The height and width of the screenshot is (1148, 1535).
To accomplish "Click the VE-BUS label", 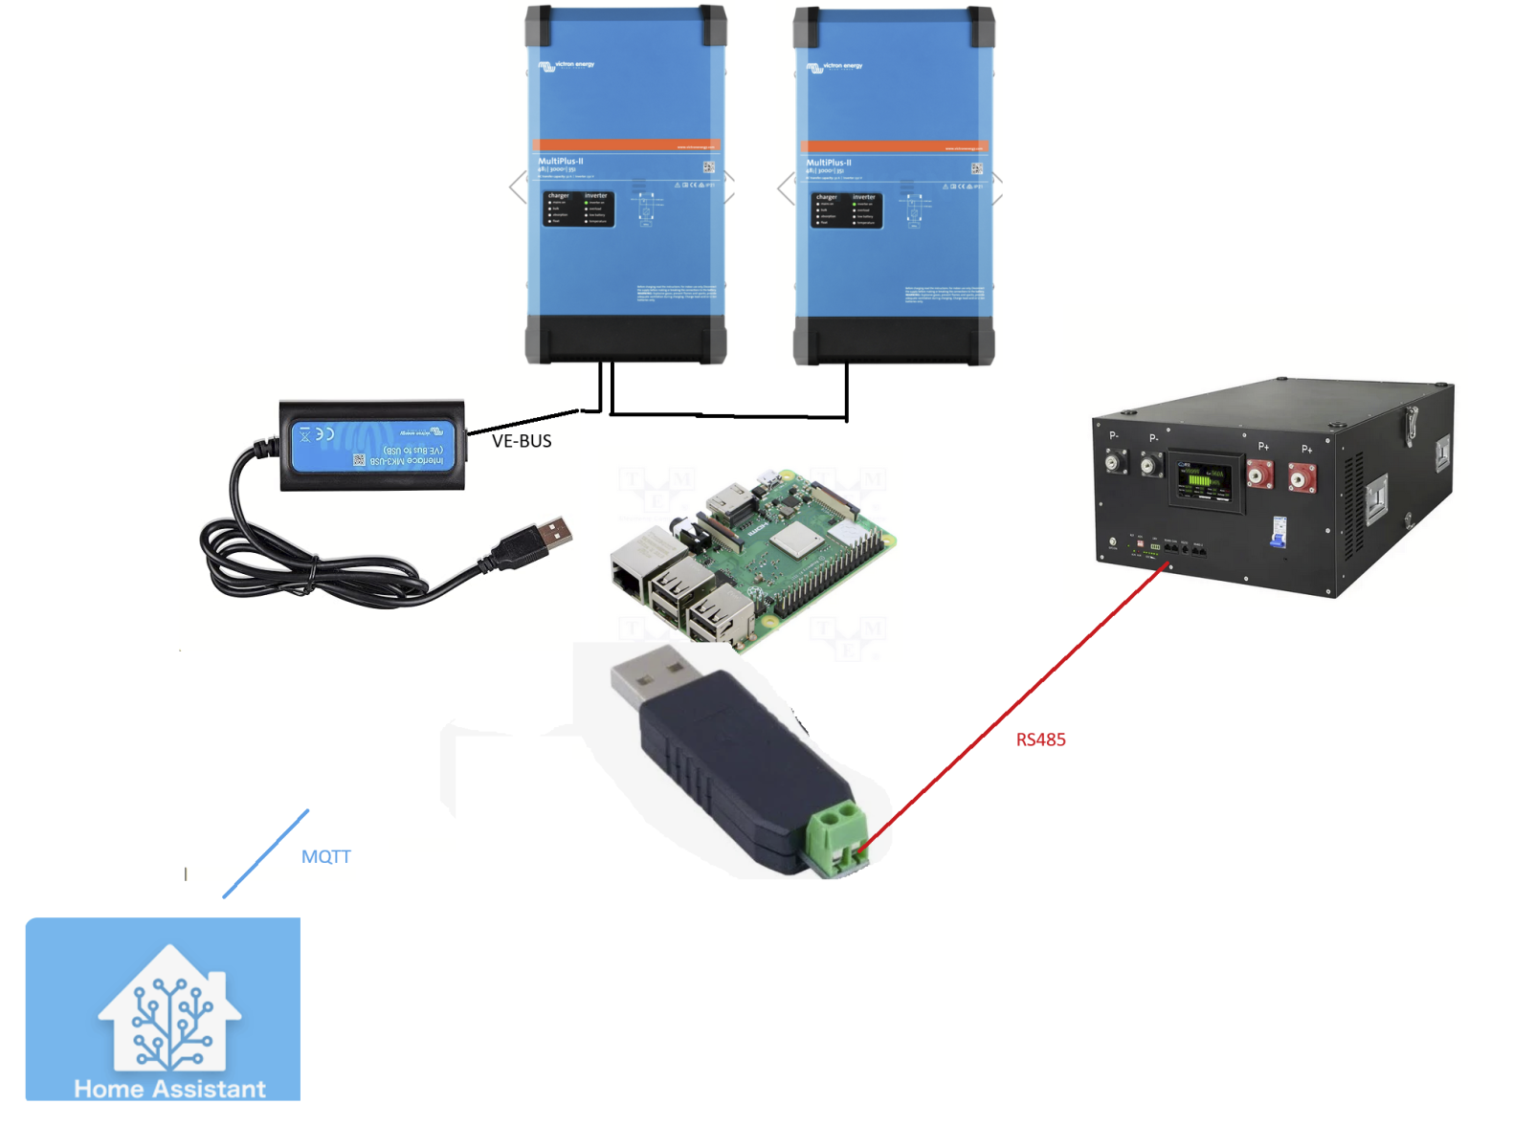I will tap(522, 441).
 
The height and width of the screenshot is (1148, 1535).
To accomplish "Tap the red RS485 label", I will tap(1040, 740).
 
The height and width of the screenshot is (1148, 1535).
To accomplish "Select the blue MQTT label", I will tap(326, 856).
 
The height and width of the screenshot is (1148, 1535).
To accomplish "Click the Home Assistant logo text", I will tap(169, 1089).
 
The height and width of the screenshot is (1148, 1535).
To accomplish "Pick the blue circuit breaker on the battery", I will tap(1278, 530).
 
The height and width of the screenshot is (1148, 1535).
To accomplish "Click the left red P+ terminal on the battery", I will tap(1259, 474).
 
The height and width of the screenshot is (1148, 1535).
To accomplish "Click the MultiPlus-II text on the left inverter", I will tap(561, 162).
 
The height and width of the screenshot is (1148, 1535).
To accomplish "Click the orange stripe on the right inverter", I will tap(893, 147).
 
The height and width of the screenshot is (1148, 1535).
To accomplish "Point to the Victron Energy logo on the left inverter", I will tap(567, 66).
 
